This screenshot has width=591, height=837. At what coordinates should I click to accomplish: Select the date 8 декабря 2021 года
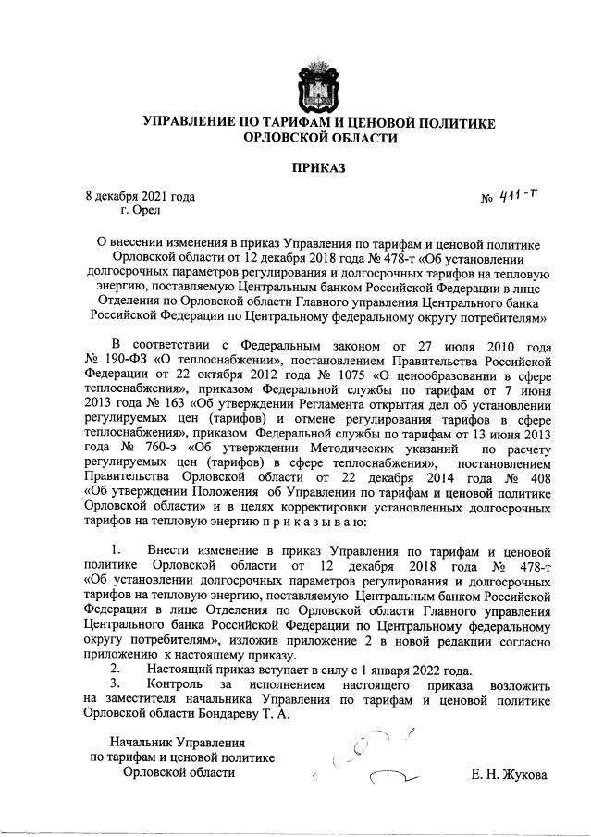click(140, 196)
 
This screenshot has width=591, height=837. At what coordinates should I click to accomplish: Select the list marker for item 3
click(116, 685)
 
